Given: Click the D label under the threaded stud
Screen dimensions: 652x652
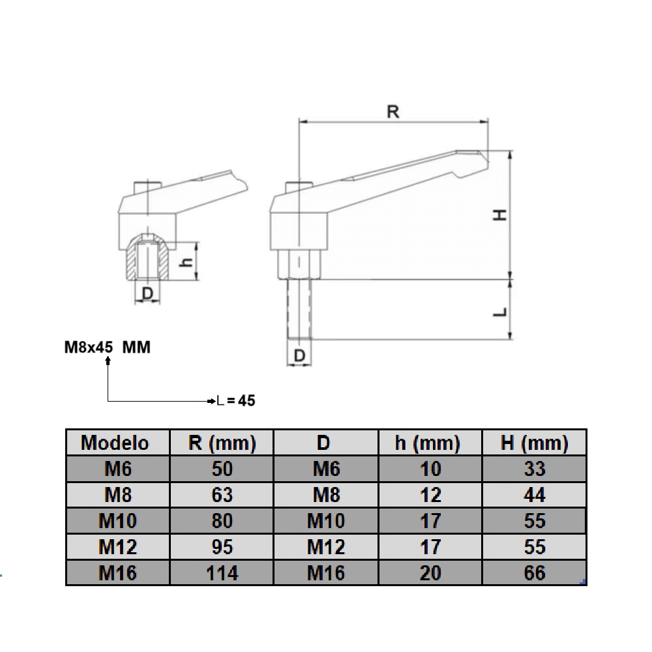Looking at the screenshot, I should [x=299, y=356].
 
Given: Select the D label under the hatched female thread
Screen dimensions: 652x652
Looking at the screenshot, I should [x=148, y=294].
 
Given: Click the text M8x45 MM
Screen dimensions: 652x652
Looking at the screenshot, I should [x=108, y=348].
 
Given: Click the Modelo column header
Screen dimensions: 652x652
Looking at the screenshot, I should [x=115, y=443].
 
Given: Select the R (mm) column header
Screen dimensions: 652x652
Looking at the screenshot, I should [x=222, y=443].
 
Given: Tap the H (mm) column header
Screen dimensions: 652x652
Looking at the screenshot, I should [x=534, y=443].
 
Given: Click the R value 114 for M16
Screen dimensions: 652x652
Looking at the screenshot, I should [x=222, y=573].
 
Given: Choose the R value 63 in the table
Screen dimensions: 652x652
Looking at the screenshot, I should [x=222, y=495].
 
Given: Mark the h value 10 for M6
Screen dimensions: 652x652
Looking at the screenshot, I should [x=430, y=469].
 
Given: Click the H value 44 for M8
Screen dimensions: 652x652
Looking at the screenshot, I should [x=534, y=495].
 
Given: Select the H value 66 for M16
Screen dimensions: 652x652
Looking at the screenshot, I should [x=534, y=573].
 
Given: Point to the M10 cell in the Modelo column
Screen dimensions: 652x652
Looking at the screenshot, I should [x=117, y=521].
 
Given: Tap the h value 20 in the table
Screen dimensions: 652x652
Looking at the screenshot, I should [x=430, y=573].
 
